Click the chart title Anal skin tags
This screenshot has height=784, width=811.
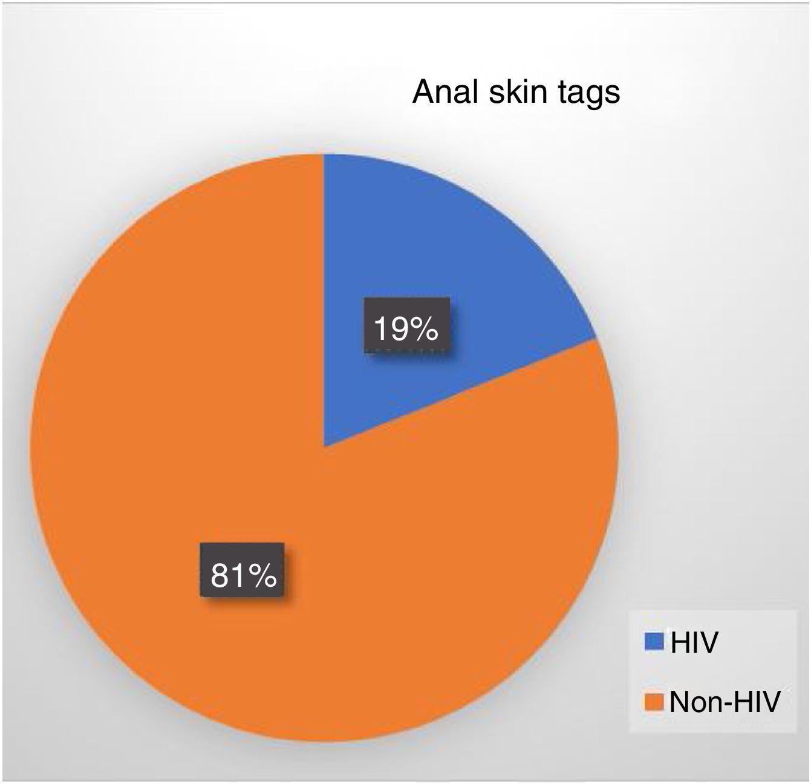point(516,93)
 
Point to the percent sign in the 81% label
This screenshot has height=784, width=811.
point(261,576)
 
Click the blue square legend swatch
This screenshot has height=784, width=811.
point(654,641)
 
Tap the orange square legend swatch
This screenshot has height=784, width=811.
point(654,701)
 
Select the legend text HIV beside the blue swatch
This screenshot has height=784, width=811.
point(694,642)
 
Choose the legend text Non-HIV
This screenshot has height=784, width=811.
point(725,702)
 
